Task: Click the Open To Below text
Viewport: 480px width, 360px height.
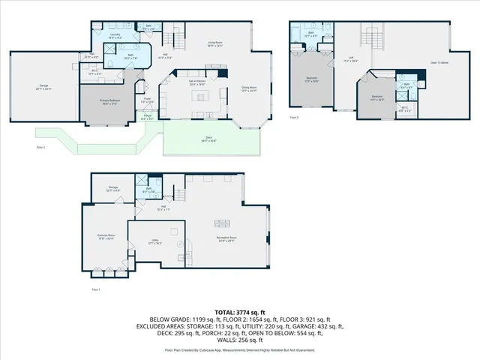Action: coord(439,62)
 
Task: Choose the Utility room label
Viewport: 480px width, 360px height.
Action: coord(154,241)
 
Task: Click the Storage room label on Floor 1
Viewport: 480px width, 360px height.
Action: coord(111,190)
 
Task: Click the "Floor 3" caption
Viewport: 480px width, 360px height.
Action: coord(293,118)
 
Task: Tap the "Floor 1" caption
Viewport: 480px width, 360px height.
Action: coord(95,289)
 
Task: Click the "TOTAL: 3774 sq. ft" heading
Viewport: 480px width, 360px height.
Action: coord(240,312)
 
